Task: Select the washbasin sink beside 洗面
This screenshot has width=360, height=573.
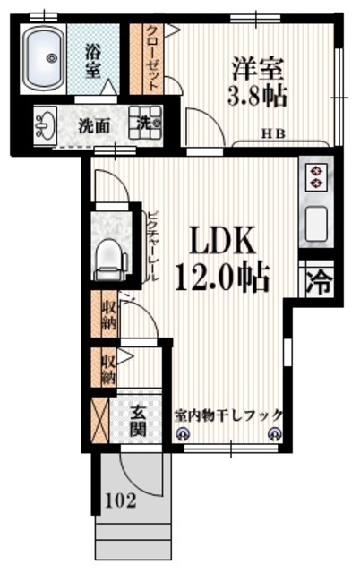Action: pyautogui.click(x=45, y=125)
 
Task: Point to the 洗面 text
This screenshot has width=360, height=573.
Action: pyautogui.click(x=94, y=126)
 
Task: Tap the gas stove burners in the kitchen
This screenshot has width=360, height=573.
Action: pyautogui.click(x=316, y=176)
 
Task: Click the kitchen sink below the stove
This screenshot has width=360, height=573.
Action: pyautogui.click(x=317, y=224)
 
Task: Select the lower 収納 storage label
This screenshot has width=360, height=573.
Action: pyautogui.click(x=107, y=369)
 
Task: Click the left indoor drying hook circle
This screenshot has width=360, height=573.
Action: pyautogui.click(x=183, y=435)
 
